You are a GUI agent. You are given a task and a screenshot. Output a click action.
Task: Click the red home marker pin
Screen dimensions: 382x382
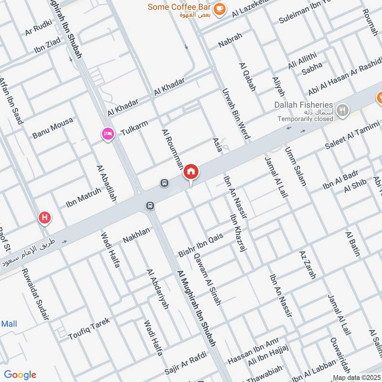pyautogui.click(x=191, y=171)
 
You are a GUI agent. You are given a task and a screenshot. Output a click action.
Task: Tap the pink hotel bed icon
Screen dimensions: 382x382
pyautogui.click(x=108, y=134)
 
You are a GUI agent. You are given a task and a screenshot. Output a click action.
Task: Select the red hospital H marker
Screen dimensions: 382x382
pyautogui.click(x=45, y=218)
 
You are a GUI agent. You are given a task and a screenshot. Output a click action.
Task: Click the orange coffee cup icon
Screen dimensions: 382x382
pyautogui.click(x=219, y=9)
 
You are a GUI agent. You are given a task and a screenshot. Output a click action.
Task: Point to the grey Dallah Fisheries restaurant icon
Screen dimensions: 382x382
pyautogui.click(x=342, y=110)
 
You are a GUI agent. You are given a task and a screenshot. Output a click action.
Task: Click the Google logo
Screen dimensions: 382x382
pyautogui.click(x=20, y=375)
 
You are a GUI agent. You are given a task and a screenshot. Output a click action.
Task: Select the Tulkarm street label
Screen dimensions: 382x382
pyautogui.click(x=134, y=127)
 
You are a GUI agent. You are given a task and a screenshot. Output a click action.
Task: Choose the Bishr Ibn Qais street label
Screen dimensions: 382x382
pyautogui.click(x=201, y=245)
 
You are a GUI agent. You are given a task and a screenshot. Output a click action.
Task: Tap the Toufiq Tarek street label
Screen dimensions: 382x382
pyautogui.click(x=89, y=327)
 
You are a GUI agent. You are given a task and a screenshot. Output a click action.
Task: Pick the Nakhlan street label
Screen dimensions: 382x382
pyautogui.click(x=136, y=234)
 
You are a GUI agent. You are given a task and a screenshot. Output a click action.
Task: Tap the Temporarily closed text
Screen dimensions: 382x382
pyautogui.click(x=306, y=118)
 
